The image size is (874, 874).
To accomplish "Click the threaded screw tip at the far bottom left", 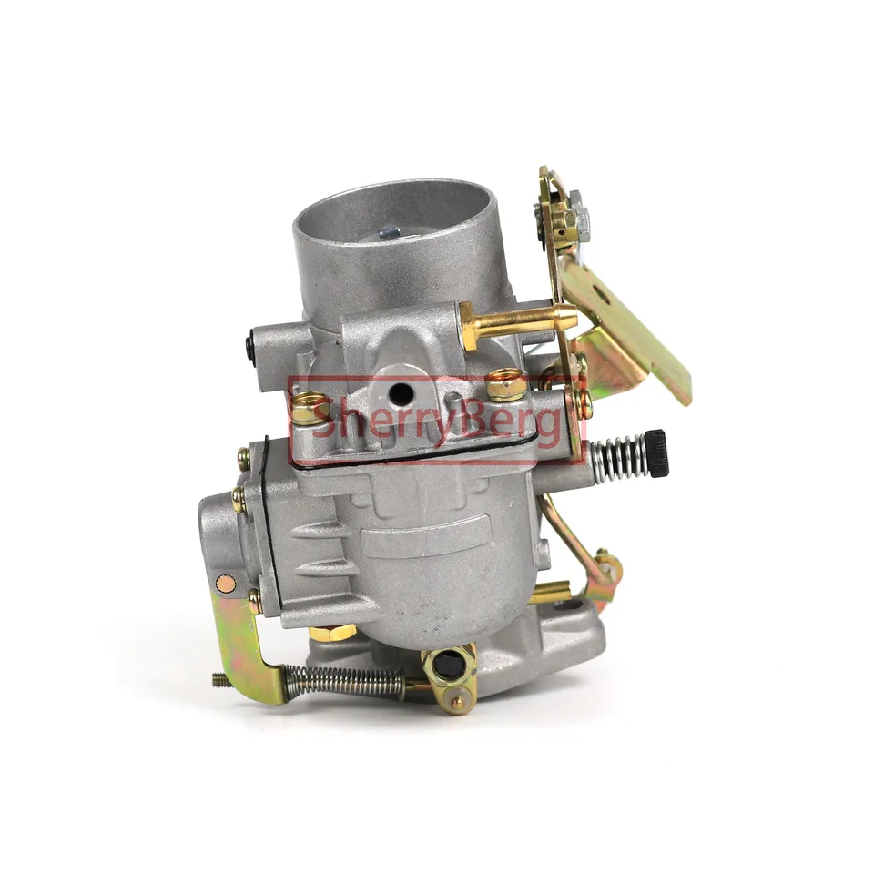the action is tap(221, 679).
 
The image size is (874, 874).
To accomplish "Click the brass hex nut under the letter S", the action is tap(310, 408).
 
